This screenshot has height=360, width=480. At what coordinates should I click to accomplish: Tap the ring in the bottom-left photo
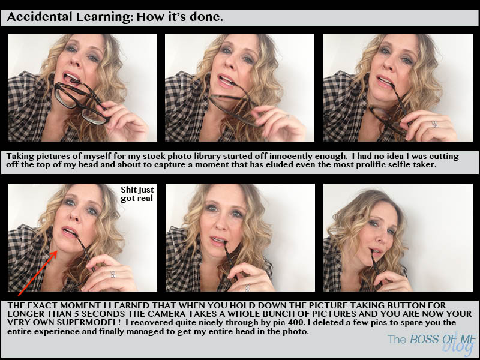pyautogui.click(x=113, y=274)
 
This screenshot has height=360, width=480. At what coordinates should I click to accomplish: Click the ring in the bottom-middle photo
pyautogui.click(x=247, y=287)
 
